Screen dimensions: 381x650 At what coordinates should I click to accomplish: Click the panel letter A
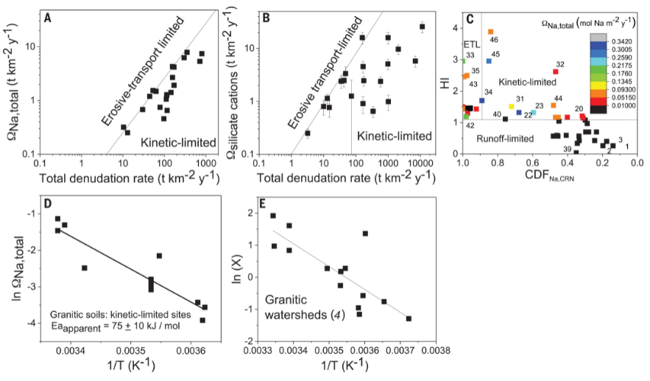pos(48,13)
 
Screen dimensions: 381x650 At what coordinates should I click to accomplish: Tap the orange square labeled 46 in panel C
pos(491,32)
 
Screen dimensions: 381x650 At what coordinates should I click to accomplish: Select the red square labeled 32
pos(555,71)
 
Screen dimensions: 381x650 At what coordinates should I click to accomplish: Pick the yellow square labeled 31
pos(512,106)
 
